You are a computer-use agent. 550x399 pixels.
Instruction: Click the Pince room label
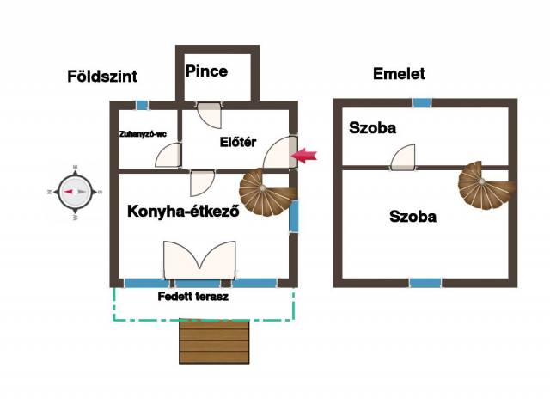click(x=207, y=71)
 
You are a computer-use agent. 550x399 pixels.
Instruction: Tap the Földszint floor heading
click(x=102, y=77)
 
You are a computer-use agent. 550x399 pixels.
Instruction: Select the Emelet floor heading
click(x=399, y=74)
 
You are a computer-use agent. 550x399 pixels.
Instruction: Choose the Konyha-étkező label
click(x=182, y=212)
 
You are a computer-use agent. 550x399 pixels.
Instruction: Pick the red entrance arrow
click(x=305, y=155)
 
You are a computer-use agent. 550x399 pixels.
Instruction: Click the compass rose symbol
click(x=76, y=192)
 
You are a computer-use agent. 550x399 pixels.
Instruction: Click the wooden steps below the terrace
click(x=215, y=341)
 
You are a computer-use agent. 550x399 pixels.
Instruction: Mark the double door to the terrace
click(x=199, y=260)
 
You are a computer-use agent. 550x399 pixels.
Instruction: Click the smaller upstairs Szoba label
click(x=372, y=129)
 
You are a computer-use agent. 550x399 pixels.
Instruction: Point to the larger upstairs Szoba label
click(x=412, y=217)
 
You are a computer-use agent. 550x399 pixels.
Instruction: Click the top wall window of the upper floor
click(x=421, y=102)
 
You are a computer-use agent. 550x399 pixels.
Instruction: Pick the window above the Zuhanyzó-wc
click(x=142, y=105)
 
